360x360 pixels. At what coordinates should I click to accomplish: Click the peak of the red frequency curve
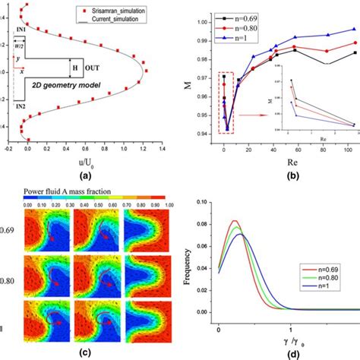tap(235, 221)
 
